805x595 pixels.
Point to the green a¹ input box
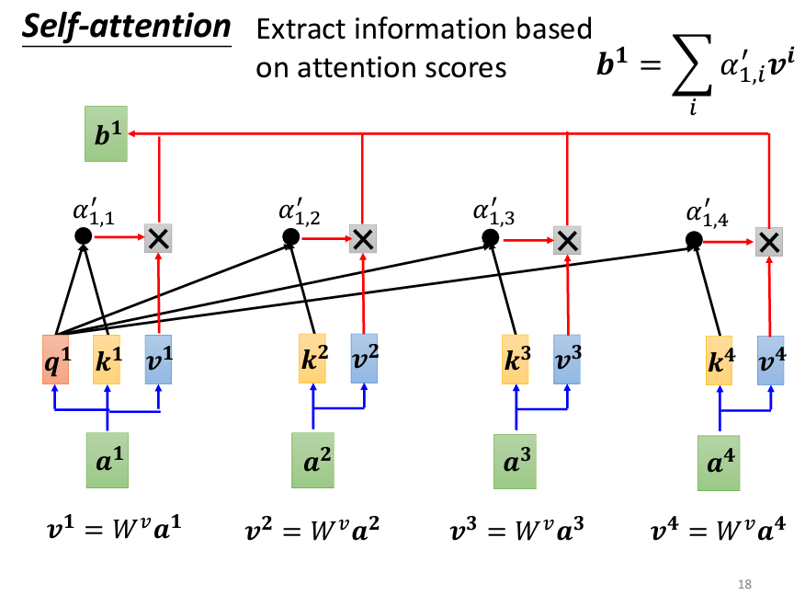(108, 460)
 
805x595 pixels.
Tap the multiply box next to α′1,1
(159, 239)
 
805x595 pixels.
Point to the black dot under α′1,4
(695, 240)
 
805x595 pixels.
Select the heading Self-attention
(126, 26)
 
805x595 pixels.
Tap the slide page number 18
(744, 584)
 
